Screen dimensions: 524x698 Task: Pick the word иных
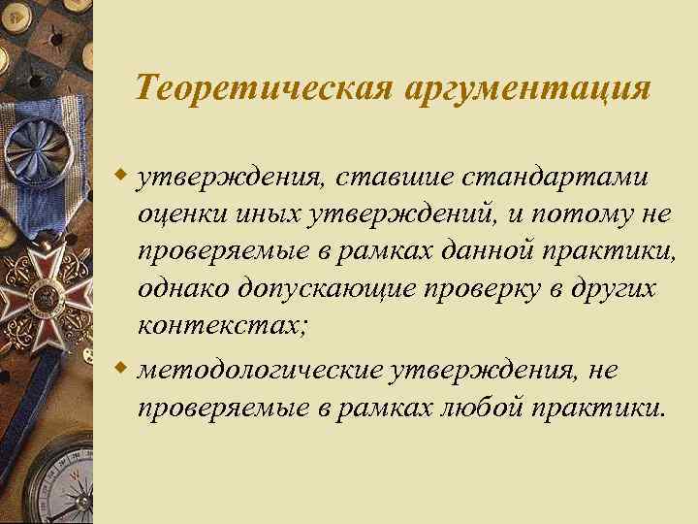259,216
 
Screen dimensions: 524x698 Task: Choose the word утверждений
385,216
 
